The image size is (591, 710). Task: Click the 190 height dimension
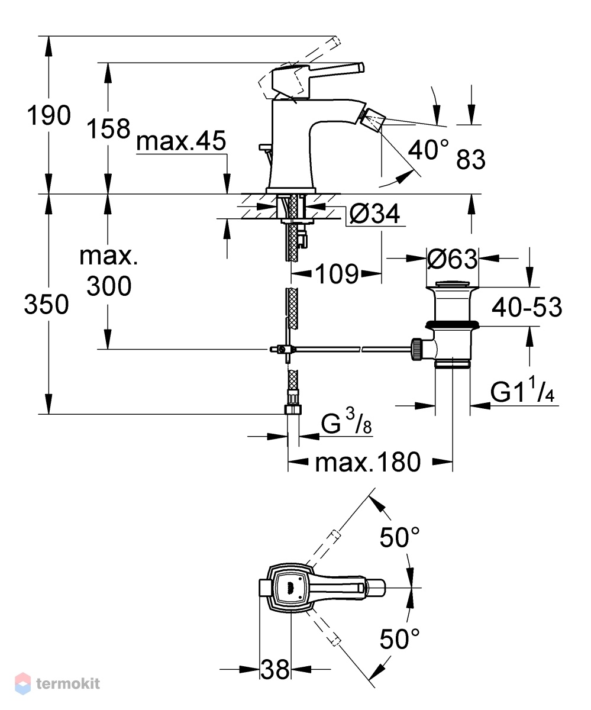pos(49,115)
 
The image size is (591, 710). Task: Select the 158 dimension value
pos(108,128)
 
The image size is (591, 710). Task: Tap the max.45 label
pos(181,140)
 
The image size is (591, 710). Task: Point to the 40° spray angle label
pos(428,150)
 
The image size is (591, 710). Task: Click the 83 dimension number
pos(471,159)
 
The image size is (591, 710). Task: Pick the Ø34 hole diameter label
pos(374,214)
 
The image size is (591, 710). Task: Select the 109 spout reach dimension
pos(337,274)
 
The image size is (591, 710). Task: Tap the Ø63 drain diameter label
pos(452,259)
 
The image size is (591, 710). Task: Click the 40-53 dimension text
pos(527,307)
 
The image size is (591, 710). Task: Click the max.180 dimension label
pos(368,462)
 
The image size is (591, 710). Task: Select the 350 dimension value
pos(46,304)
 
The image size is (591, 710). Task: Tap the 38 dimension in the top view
pos(274,669)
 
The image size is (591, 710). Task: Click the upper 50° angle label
pos(399,537)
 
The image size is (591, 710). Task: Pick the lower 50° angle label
pos(399,638)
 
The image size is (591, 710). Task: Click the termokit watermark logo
pos(57,683)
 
